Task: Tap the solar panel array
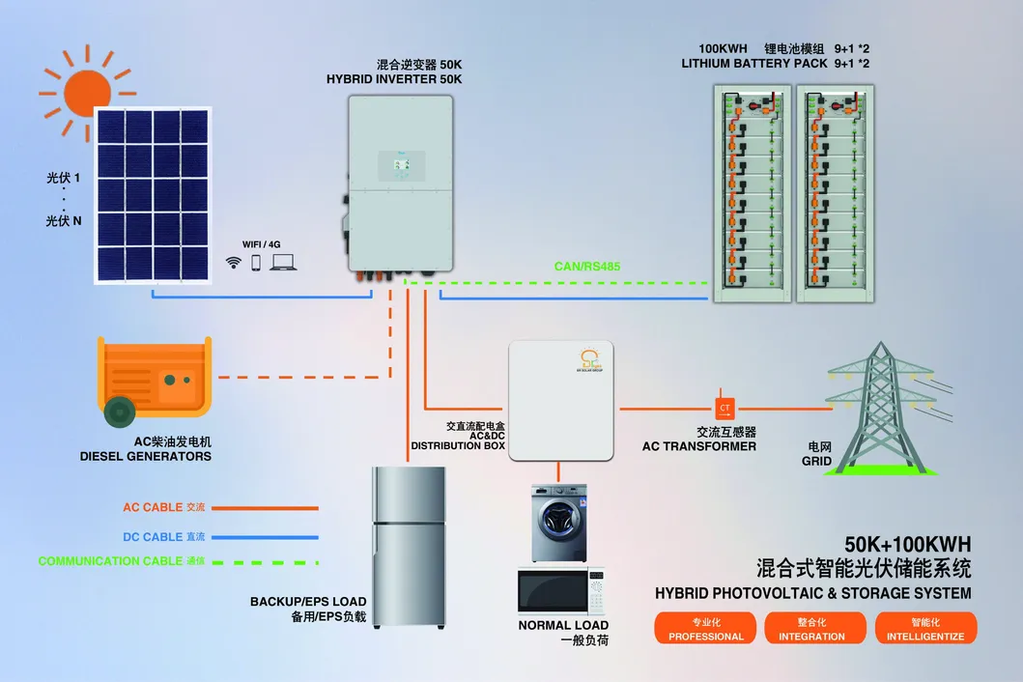pyautogui.click(x=153, y=195)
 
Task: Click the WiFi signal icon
pyautogui.click(x=233, y=262)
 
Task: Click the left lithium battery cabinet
pyautogui.click(x=750, y=193)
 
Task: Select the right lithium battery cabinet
pyautogui.click(x=833, y=193)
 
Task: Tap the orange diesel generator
pyautogui.click(x=155, y=379)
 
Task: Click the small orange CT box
pyautogui.click(x=725, y=407)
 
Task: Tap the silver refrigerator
pyautogui.click(x=409, y=546)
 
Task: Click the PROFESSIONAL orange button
pyautogui.click(x=706, y=628)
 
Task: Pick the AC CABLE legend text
pyautogui.click(x=152, y=507)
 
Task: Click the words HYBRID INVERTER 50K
pyautogui.click(x=394, y=79)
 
